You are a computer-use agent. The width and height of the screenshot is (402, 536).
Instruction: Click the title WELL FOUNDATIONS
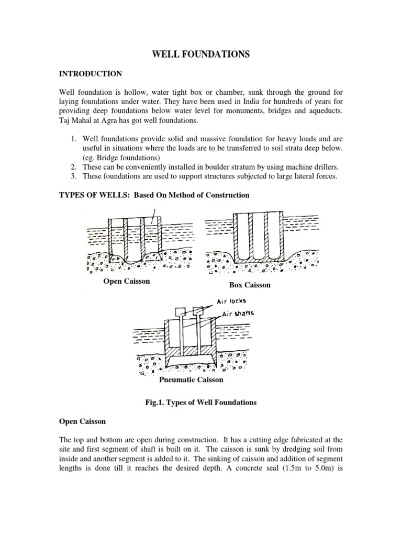(x=201, y=54)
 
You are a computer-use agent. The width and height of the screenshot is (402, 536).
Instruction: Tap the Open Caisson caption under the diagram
(x=127, y=281)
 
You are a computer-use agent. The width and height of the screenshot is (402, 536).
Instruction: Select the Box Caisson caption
(x=250, y=285)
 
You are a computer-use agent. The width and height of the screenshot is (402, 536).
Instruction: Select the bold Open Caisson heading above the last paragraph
(x=83, y=421)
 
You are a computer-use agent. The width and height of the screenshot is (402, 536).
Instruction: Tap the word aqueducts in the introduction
(x=325, y=111)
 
